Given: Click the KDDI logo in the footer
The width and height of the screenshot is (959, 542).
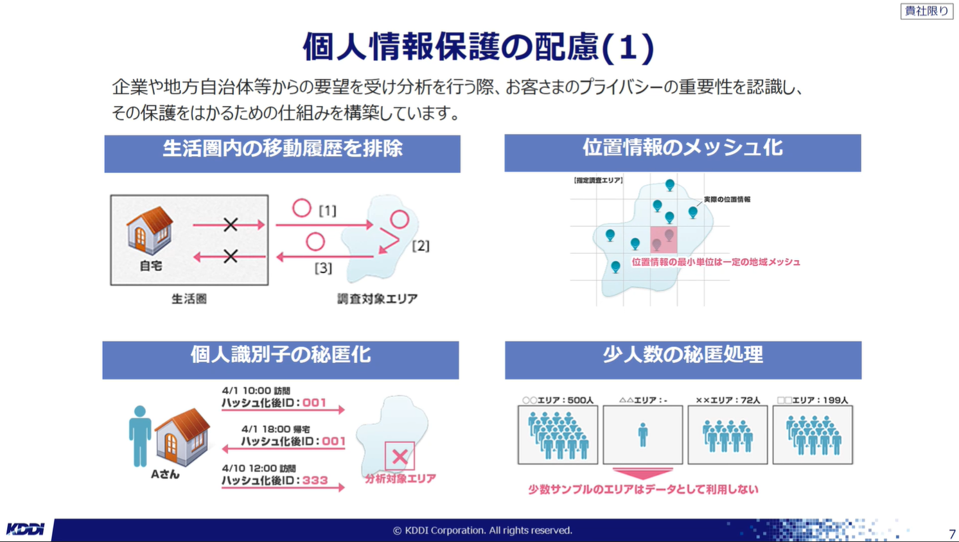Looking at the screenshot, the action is click(x=25, y=530).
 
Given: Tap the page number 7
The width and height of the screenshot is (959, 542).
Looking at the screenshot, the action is click(x=952, y=534).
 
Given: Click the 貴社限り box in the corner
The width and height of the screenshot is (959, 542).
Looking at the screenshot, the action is click(x=926, y=11).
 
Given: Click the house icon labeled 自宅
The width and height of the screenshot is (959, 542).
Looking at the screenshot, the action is click(x=150, y=231).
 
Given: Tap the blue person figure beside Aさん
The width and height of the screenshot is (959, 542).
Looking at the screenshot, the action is click(x=140, y=436).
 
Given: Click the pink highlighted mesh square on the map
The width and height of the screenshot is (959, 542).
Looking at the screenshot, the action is click(x=664, y=240).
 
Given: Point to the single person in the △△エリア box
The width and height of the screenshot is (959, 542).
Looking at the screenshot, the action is click(x=642, y=435).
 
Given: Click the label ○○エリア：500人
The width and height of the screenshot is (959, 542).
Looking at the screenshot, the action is click(x=558, y=400).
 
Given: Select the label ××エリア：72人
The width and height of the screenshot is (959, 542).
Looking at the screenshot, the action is click(x=728, y=400).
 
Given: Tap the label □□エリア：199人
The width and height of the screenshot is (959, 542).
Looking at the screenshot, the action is click(x=813, y=400).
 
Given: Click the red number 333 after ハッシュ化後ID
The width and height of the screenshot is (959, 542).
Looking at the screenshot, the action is click(x=315, y=480).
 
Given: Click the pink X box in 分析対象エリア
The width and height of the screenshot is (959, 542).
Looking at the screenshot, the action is click(x=400, y=457).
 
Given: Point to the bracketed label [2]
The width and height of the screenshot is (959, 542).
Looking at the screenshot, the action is click(x=421, y=246).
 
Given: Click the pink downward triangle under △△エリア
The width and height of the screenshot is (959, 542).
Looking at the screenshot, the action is click(x=642, y=473).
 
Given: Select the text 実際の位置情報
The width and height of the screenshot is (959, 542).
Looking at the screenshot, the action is click(x=727, y=200).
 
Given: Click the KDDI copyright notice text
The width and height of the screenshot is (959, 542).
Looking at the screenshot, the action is click(x=482, y=530).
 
